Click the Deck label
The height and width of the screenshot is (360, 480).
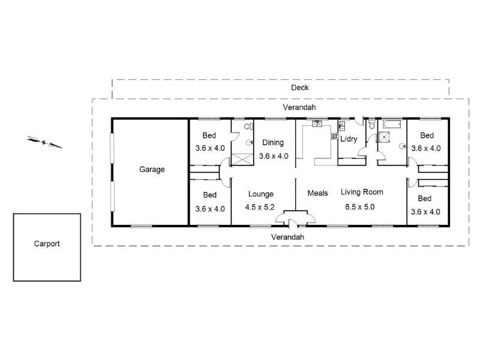pyautogui.click(x=300, y=88)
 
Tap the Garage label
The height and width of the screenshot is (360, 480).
pyautogui.click(x=152, y=170)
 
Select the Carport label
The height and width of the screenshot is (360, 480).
pyautogui.click(x=47, y=244)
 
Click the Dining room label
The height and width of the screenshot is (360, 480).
pyautogui.click(x=273, y=143)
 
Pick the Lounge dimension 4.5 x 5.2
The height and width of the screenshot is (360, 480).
pyautogui.click(x=260, y=208)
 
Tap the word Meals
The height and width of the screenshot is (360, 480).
pyautogui.click(x=317, y=193)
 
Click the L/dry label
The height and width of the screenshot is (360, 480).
pyautogui.click(x=349, y=139)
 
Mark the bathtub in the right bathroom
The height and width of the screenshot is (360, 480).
pyautogui.click(x=393, y=125)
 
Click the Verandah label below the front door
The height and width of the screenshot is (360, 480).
pyautogui.click(x=287, y=237)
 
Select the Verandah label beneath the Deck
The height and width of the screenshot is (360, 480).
pyautogui.click(x=299, y=107)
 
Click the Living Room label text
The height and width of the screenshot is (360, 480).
pyautogui.click(x=362, y=192)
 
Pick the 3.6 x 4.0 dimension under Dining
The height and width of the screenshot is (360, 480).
pyautogui.click(x=274, y=156)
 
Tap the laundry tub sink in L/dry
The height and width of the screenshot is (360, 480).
pyautogui.click(x=341, y=127)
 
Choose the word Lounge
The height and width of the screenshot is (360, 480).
pyautogui.click(x=261, y=194)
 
